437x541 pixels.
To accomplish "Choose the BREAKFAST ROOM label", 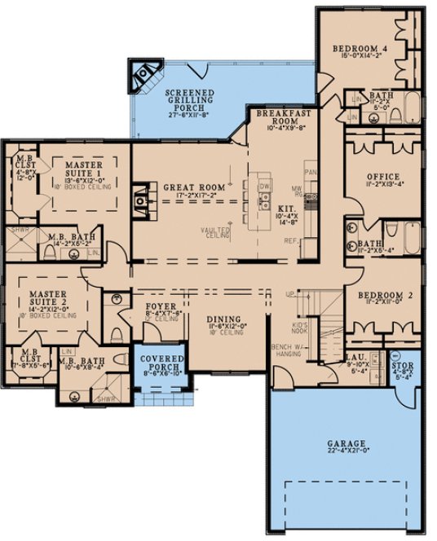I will pos(281,115).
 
